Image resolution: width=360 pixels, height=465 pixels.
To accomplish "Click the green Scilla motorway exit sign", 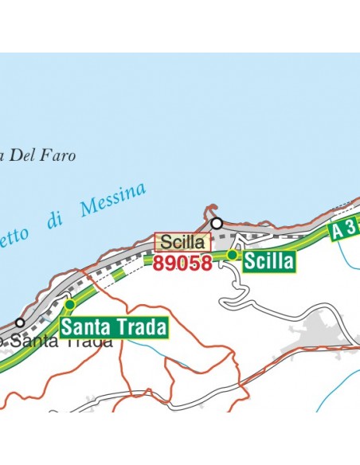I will pyautogui.click(x=269, y=261).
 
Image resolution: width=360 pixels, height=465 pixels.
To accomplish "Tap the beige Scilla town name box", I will pyautogui.click(x=183, y=242).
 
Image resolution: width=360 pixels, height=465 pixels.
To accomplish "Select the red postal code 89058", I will pyautogui.click(x=183, y=263).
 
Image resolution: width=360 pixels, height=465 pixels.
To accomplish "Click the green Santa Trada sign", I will pyautogui.click(x=115, y=326).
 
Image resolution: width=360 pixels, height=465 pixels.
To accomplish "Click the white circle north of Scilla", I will pyautogui.click(x=216, y=224).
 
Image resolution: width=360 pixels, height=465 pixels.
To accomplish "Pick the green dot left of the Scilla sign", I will pyautogui.click(x=233, y=255).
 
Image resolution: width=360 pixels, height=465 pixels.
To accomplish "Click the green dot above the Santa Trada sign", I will pyautogui.click(x=69, y=304).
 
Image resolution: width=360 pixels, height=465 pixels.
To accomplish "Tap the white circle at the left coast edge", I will pyautogui.click(x=20, y=323).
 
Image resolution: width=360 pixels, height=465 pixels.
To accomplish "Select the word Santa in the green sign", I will pyautogui.click(x=84, y=326).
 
